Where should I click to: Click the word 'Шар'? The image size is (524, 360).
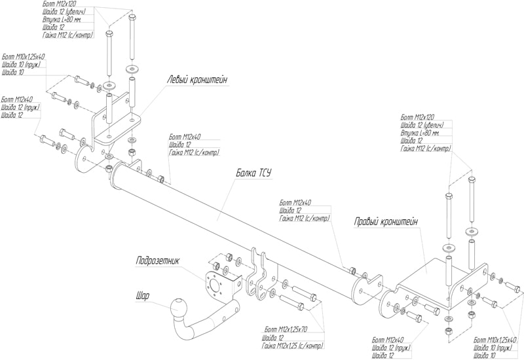pos(142,296)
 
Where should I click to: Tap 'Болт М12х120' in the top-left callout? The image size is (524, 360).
pos(60,5)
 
